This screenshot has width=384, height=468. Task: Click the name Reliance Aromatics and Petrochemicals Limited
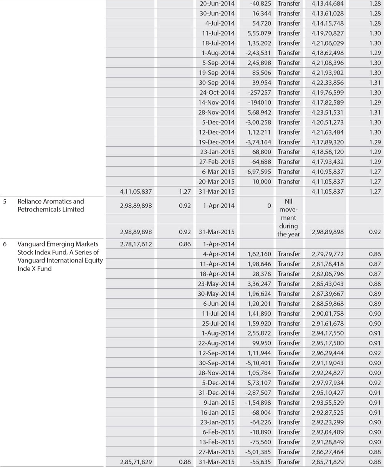[51, 205]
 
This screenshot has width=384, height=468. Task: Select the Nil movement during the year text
[288, 218]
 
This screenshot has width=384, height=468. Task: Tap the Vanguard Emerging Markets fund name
[58, 256]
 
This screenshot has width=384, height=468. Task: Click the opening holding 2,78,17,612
[136, 244]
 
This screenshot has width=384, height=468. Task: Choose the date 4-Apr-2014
[218, 254]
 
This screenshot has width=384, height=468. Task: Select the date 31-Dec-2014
[216, 393]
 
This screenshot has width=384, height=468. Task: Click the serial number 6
[5, 244]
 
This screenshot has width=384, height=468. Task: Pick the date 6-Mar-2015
[218, 172]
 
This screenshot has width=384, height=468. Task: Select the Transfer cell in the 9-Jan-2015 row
[289, 403]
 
